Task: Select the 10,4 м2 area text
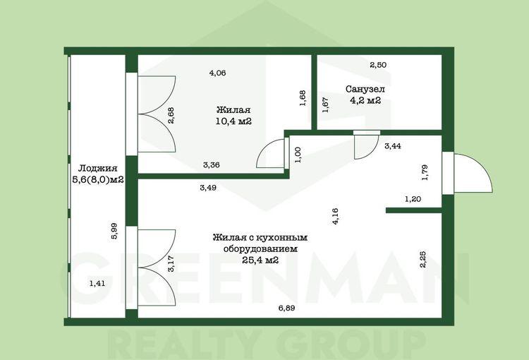click(233, 121)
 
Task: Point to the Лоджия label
click(97, 168)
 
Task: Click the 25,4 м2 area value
click(260, 260)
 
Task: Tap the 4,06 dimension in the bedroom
click(217, 73)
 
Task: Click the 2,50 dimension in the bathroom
click(378, 65)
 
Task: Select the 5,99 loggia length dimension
click(114, 232)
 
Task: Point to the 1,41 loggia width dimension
click(97, 283)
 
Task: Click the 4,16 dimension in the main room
click(335, 217)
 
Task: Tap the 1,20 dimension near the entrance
click(413, 199)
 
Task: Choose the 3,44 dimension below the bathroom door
click(393, 146)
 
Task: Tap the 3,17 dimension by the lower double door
click(171, 264)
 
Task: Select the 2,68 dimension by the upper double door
click(171, 115)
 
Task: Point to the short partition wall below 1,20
click(413, 210)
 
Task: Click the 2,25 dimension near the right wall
click(422, 259)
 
